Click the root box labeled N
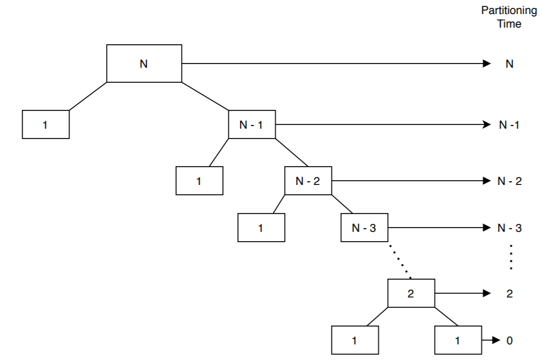(x=144, y=64)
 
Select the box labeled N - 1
(x=252, y=125)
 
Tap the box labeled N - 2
(x=308, y=181)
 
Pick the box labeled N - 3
(x=364, y=228)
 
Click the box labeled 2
(x=411, y=293)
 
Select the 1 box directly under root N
(x=46, y=125)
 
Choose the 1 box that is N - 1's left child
(x=199, y=181)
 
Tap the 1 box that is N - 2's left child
(x=261, y=228)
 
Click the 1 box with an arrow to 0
(x=458, y=341)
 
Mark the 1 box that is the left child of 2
(x=355, y=341)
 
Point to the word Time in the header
(x=509, y=24)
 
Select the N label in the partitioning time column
(x=509, y=64)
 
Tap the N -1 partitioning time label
(x=509, y=125)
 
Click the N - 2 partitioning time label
(x=509, y=181)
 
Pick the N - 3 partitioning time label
(x=509, y=228)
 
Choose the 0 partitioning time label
(x=509, y=341)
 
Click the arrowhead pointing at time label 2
(x=487, y=293)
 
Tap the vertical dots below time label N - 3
(x=511, y=257)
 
